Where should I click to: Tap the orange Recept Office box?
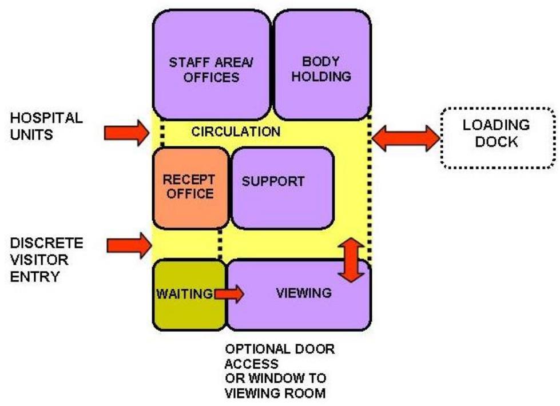point(189,186)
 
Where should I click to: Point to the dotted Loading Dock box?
point(497,137)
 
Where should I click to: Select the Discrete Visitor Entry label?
point(47,260)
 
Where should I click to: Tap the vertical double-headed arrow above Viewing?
point(351,260)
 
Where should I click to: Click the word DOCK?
point(497,142)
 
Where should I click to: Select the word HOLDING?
point(321,76)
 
